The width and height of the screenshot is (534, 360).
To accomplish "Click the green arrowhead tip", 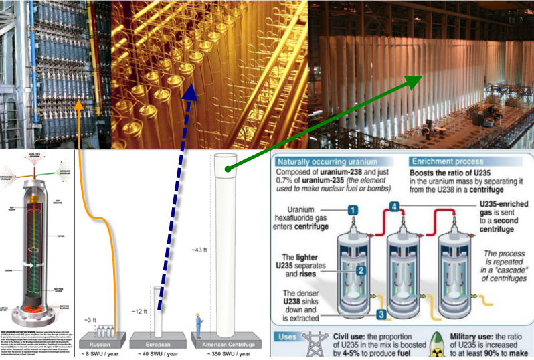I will (x=422, y=77).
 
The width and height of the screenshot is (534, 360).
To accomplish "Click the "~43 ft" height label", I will (x=201, y=250).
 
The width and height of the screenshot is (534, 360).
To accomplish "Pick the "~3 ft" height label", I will (x=91, y=319).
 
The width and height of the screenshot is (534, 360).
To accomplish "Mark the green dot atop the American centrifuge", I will (x=228, y=169).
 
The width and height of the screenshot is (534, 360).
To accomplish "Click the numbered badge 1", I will (x=351, y=209).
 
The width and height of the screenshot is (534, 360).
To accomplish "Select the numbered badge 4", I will (x=395, y=207).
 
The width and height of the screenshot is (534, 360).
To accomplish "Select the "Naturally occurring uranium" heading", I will (x=322, y=162).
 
